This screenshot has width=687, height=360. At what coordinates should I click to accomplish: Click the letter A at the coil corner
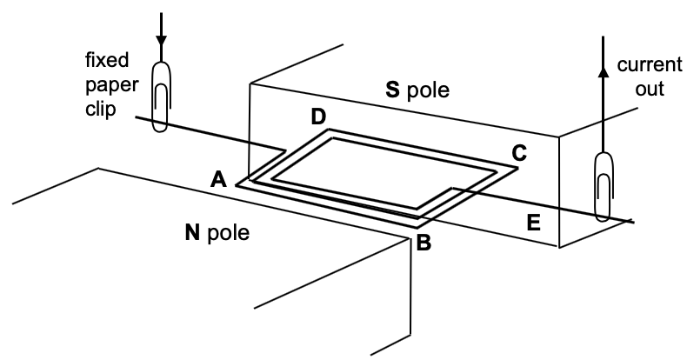220,179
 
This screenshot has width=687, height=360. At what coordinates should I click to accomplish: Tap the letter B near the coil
424,243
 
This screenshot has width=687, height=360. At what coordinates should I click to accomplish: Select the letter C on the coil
519,152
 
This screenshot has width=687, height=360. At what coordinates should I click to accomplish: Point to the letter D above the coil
319,117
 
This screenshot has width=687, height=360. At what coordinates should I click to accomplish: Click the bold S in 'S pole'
392,89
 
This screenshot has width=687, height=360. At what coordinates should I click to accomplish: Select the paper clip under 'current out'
602,186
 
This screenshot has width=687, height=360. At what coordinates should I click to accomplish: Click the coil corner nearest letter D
329,131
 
